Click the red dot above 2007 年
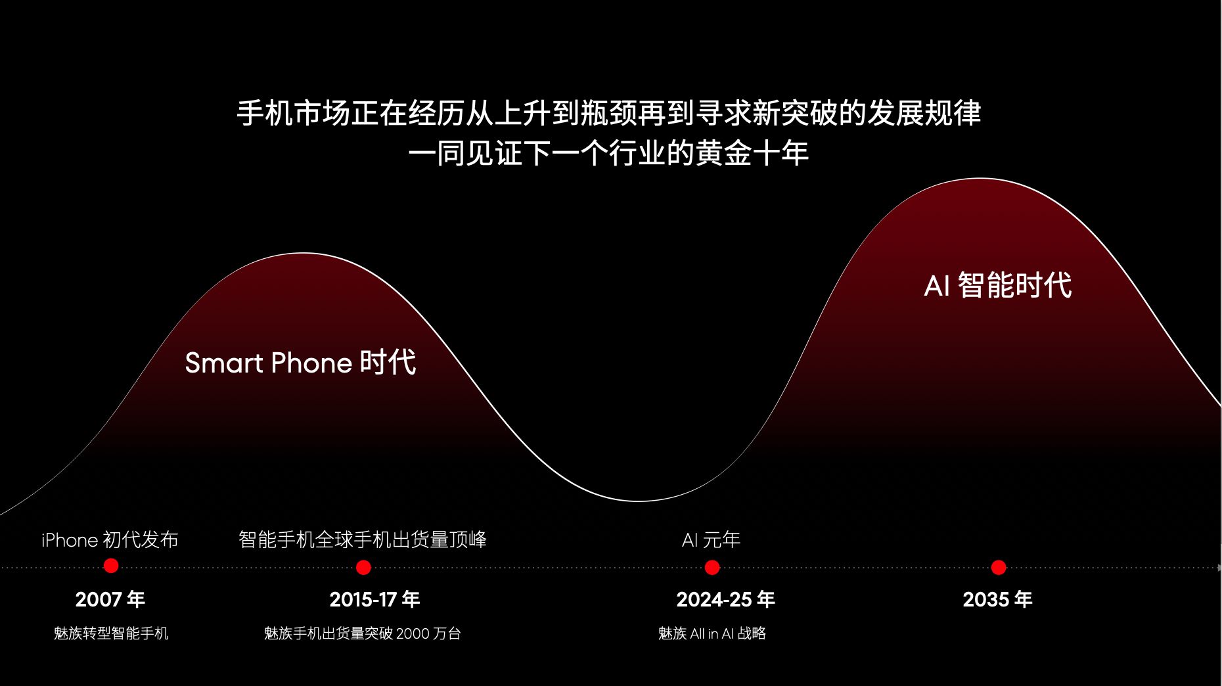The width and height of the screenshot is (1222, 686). (x=111, y=566)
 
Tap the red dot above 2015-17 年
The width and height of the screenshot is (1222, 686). (x=363, y=567)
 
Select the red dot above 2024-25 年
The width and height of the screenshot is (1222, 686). (x=712, y=567)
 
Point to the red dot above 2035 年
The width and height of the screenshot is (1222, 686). (x=999, y=567)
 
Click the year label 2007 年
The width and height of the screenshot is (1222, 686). (x=110, y=599)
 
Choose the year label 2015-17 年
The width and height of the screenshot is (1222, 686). (x=374, y=599)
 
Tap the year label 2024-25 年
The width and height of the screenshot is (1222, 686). (x=726, y=599)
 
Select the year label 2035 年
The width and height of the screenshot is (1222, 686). (x=997, y=599)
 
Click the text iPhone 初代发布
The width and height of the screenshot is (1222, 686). (x=110, y=540)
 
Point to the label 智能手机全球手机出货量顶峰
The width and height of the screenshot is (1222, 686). (x=363, y=539)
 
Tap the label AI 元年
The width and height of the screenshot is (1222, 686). (x=712, y=540)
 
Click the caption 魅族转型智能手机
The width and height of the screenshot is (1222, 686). (x=111, y=633)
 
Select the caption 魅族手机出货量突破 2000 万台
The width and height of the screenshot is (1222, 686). (x=363, y=633)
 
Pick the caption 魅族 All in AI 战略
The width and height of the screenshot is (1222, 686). (x=712, y=633)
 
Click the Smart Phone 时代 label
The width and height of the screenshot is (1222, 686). (x=300, y=363)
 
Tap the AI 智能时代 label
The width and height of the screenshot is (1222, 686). (x=998, y=285)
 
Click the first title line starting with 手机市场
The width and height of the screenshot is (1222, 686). (x=609, y=113)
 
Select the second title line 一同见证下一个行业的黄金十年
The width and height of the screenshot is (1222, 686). (x=608, y=154)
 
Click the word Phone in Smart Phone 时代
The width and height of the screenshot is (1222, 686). (x=311, y=363)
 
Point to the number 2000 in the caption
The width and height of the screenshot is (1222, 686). (x=413, y=633)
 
